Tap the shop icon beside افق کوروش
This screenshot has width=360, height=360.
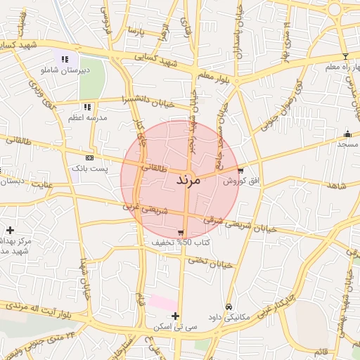pos(241,170)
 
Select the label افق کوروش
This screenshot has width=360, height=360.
pos(241,181)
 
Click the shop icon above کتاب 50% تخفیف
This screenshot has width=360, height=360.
pos(181,232)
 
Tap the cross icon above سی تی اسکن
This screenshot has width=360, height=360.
pos(175,316)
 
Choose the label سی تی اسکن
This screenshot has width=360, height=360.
pos(176,327)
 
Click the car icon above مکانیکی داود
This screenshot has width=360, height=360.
pos(229,307)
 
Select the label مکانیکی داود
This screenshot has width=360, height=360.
pos(230,318)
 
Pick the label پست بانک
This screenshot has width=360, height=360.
pos(89,169)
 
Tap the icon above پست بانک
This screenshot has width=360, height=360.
pos(89,157)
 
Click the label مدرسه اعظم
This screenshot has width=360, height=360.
pos(87,117)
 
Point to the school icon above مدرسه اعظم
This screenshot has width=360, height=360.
pos(87,106)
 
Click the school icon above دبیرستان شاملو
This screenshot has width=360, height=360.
pos(65,59)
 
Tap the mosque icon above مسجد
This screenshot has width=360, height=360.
pos(347,134)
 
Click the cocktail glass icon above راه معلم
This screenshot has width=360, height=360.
pos(345,56)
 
